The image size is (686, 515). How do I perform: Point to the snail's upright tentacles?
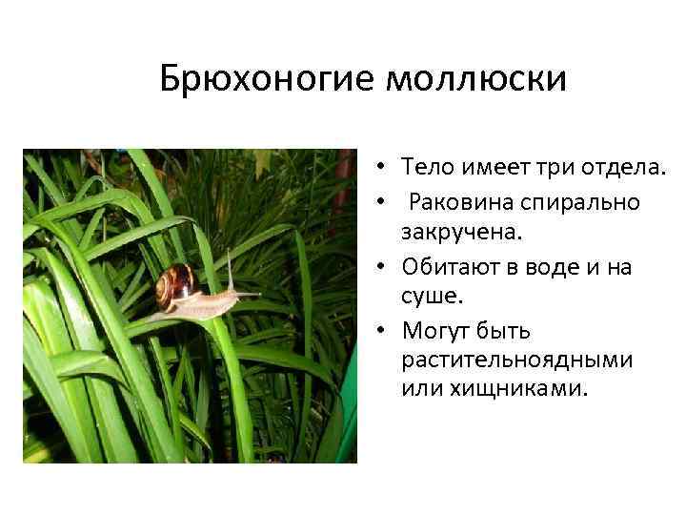click(x=229, y=268)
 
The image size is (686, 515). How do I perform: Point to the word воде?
click(x=542, y=266)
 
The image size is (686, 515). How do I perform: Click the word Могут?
click(x=434, y=331)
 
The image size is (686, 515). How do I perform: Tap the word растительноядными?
click(x=503, y=361)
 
